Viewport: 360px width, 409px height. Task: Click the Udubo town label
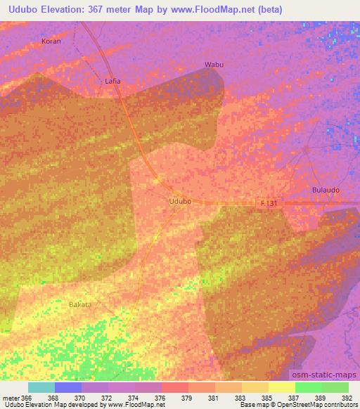click(x=180, y=201)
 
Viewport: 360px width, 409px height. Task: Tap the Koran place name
click(x=51, y=41)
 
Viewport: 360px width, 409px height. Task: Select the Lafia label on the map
click(x=112, y=81)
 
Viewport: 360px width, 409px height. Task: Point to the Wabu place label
click(x=214, y=65)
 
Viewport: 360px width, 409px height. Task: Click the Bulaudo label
click(x=326, y=190)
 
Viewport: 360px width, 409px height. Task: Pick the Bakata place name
click(x=80, y=304)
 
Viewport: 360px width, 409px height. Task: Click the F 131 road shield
click(x=269, y=202)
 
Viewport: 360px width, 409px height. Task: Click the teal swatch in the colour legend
click(x=41, y=387)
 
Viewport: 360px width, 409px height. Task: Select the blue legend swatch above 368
click(x=68, y=387)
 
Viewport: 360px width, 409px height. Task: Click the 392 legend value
click(x=347, y=397)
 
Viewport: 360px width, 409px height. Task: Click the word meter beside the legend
click(x=11, y=397)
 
